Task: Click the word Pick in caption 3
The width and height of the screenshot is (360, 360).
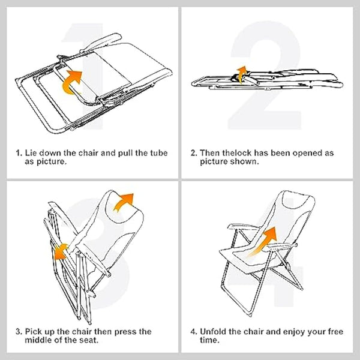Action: [x=34, y=331]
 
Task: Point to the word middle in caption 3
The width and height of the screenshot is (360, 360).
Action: [x=37, y=340]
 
